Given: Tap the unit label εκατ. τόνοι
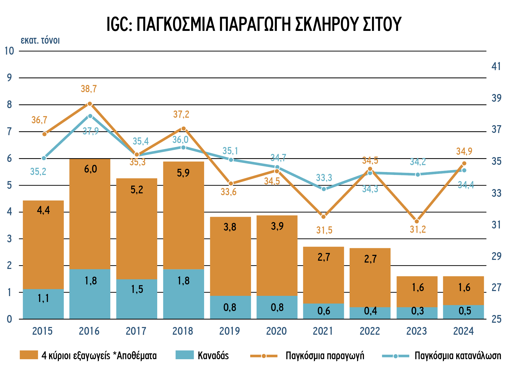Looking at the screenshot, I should point(40,40).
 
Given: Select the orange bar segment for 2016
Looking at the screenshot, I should point(90,213).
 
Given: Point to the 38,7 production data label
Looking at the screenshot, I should point(89,89).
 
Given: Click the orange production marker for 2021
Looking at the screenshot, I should point(323,216).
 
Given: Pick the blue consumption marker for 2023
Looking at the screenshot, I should point(418,174).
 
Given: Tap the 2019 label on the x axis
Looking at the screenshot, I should point(229,331).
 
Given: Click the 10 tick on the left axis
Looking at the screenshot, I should point(9,51).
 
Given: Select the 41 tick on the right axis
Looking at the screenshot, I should point(496,67).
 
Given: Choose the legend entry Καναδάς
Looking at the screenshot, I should point(213,356).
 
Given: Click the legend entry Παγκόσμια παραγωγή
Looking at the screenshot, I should point(325,356).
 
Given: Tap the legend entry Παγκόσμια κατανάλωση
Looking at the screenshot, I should point(458,356).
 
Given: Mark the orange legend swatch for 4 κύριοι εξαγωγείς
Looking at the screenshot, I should point(29,355).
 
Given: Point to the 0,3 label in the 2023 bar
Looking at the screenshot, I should point(417,311).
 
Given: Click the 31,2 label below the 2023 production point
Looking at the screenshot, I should point(418,229).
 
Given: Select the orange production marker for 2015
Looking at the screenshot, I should point(44,134).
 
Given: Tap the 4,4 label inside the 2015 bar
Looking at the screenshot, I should point(43,210).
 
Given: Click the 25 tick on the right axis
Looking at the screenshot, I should point(496,319).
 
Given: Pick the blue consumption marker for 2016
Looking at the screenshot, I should point(90,116).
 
